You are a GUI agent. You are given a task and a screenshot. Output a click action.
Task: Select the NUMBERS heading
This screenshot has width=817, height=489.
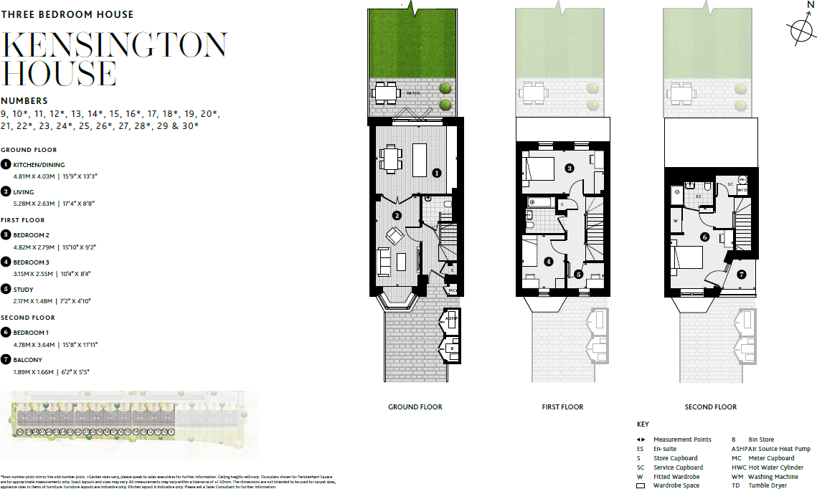point(24,101)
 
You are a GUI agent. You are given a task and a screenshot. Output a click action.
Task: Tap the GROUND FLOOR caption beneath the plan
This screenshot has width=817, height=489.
point(415,407)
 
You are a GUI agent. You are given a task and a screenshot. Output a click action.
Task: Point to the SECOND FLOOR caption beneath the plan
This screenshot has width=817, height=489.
point(710,407)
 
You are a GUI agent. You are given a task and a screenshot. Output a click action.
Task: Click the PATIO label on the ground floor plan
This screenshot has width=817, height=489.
point(413,93)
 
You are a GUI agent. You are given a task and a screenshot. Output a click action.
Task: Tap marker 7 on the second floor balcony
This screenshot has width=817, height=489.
point(742,274)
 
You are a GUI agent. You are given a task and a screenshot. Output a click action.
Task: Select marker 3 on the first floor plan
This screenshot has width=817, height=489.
point(569,168)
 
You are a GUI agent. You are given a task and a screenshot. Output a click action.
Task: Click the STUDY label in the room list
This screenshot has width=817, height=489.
point(23,290)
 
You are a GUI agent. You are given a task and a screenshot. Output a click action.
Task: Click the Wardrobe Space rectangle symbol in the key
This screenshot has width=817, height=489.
point(641,485)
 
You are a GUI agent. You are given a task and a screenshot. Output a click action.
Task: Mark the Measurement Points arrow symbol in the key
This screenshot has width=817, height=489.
point(641,440)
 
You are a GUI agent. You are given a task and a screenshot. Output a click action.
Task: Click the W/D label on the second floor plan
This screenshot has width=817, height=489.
point(742,190)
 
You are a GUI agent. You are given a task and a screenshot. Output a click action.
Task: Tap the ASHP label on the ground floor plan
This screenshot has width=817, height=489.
point(450,318)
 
